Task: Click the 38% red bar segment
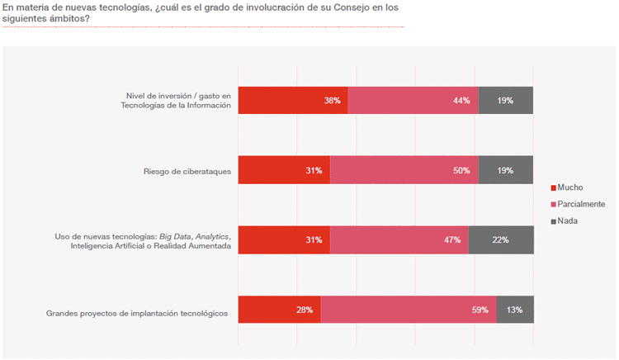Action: [x=293, y=100]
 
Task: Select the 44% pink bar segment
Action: [x=413, y=100]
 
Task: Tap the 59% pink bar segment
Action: [x=409, y=310]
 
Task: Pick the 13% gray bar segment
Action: [x=515, y=310]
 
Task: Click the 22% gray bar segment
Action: [x=501, y=239]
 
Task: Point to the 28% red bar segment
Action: [x=279, y=310]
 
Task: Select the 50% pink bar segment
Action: [x=404, y=170]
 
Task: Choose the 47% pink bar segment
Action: [x=399, y=239]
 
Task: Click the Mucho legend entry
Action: [x=570, y=187]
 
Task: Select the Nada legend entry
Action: [x=567, y=220]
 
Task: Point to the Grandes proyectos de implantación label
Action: [x=137, y=313]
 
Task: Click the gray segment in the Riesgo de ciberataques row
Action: [x=506, y=170]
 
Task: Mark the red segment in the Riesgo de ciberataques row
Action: [x=284, y=170]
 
